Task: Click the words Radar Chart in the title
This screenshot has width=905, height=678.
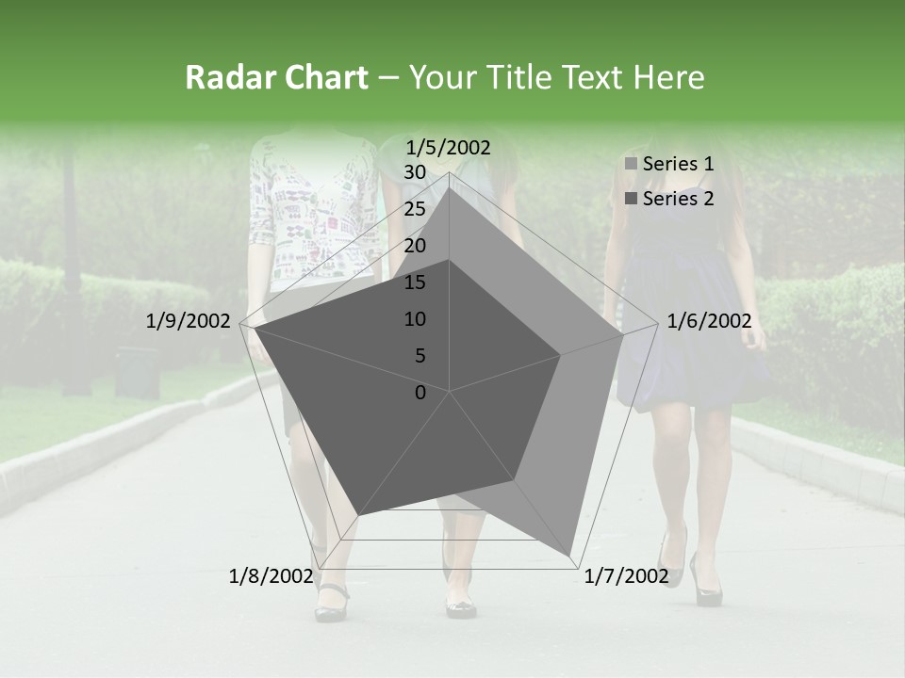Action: pos(276,78)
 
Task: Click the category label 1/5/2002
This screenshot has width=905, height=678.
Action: pos(448,147)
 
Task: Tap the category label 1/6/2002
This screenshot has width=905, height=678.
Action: pos(709,321)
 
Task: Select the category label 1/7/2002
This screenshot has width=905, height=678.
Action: pos(626,576)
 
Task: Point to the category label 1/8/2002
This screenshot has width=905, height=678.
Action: pos(271,576)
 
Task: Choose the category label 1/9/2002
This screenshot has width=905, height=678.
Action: pos(189,321)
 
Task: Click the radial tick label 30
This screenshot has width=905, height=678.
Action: pos(415,172)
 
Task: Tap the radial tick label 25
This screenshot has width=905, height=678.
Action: pos(415,209)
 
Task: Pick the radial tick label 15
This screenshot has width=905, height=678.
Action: pos(415,282)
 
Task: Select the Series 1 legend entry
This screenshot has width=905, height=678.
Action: pos(669,164)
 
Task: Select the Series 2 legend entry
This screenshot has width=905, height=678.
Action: pos(669,199)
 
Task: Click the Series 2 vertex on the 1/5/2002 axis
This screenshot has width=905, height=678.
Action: pos(450,260)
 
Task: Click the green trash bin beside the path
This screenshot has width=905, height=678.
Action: pos(137,371)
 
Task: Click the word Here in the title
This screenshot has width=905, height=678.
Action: pos(669,78)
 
